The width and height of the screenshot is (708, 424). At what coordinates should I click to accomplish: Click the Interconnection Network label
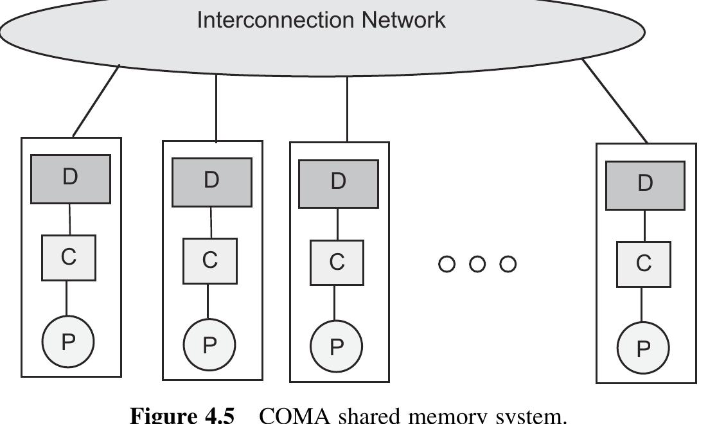pos(321,20)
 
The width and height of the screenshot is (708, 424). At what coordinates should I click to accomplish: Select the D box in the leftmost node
pos(71,179)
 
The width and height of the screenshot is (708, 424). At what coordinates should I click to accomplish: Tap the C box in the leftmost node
pos(69,257)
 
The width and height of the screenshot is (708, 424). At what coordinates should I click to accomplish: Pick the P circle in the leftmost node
pos(68,342)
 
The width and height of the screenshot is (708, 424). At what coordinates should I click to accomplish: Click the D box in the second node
pos(211,182)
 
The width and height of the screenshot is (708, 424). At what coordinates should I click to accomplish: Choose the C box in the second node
pos(209,260)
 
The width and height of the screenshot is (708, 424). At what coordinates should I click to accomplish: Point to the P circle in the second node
pos(209,346)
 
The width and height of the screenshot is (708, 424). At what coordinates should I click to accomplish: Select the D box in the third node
pos(339,184)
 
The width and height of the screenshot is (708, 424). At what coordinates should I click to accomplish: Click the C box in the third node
pos(337,262)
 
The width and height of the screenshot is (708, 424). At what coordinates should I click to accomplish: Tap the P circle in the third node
pos(336,347)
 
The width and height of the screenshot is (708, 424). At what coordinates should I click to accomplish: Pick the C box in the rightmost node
pos(644,263)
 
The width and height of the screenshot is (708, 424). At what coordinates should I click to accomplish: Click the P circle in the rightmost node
pos(643,348)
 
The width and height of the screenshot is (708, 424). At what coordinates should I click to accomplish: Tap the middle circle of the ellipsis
pos(477,264)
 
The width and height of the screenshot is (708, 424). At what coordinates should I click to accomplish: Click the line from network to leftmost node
pos(96,101)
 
